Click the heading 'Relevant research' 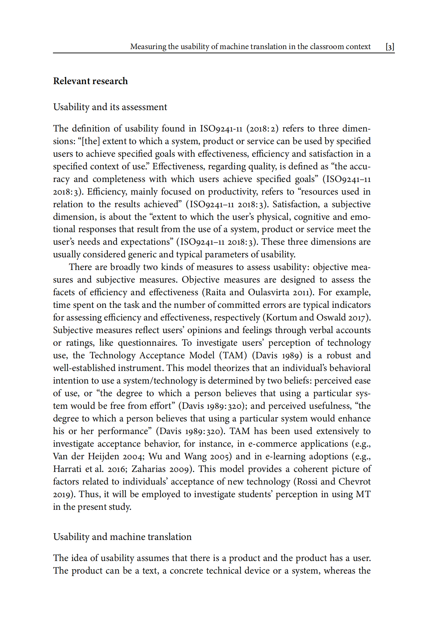point(90,81)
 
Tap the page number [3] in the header point(390,47)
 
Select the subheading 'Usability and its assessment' point(110,107)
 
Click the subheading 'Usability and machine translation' point(122,537)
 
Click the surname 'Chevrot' point(355,482)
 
